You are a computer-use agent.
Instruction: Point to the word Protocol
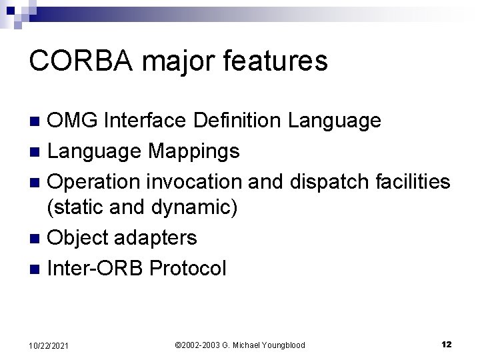pyautogui.click(x=188, y=268)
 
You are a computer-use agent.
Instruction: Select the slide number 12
pyautogui.click(x=447, y=344)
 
